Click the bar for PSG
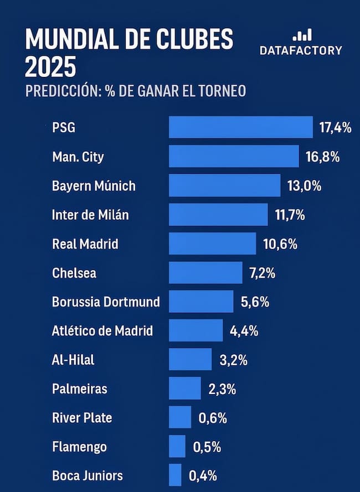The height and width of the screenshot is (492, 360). coord(240,127)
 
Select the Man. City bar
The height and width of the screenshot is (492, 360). coord(234,157)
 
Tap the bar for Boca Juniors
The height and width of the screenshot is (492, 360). coord(175,475)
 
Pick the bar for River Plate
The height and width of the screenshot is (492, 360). coord(180,417)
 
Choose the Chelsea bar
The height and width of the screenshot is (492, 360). coord(205,272)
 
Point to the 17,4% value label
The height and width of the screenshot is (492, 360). coord(336,128)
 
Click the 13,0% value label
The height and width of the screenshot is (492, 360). coord(304,185)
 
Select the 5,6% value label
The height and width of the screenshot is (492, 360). coord(255,302)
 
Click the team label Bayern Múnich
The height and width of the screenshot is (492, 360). coord(94,185)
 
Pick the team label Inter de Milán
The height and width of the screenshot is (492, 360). coord(90,215)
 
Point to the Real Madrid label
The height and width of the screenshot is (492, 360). coord(85,244)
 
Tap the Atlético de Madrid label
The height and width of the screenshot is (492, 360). coord(102,331)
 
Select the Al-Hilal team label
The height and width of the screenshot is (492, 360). coord(73,360)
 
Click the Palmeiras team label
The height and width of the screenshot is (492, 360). coord(80,389)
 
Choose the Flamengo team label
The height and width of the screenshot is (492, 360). coord(79,446)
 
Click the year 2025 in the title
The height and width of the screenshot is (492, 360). coord(50,67)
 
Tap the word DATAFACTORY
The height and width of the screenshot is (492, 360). coord(301,50)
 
